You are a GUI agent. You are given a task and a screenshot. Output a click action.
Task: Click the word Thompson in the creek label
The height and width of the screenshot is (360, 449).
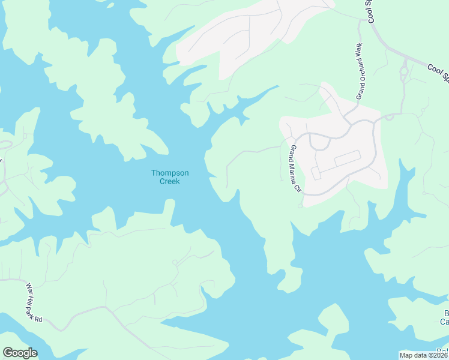(x=170, y=173)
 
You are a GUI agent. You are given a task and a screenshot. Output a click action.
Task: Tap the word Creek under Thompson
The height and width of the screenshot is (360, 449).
(x=170, y=181)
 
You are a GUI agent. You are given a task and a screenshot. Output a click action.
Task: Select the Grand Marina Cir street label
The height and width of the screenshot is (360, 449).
(x=295, y=169)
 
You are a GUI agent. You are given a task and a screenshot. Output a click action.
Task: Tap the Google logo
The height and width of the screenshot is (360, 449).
(x=19, y=353)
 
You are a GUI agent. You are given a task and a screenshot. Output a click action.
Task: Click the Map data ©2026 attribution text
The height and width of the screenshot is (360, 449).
(x=423, y=355)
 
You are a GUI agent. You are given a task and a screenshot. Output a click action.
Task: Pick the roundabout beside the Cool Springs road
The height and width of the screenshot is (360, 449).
(x=404, y=73)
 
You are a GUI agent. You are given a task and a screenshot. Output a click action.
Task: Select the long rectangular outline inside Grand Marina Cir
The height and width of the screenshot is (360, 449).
(x=346, y=159)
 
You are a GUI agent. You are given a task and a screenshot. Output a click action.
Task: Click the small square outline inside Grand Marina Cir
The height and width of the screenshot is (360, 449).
(x=316, y=173)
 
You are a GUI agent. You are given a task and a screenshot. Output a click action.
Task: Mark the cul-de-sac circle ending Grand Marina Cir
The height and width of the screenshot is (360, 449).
(x=300, y=206)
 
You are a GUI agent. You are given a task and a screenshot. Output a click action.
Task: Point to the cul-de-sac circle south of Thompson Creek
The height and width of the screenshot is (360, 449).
(x=175, y=262)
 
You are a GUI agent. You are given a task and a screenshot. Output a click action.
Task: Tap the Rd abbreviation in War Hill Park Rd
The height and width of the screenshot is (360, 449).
(x=38, y=319)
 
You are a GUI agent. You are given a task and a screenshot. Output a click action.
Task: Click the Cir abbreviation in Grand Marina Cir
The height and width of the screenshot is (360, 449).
(x=297, y=188)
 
